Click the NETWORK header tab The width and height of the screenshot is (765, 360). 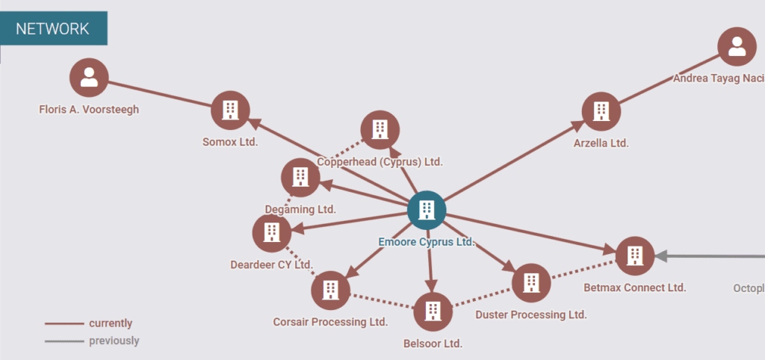[53, 29]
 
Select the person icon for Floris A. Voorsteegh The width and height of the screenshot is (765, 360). [89, 78]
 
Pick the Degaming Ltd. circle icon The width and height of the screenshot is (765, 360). [300, 178]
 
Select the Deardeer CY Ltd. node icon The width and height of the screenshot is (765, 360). [272, 233]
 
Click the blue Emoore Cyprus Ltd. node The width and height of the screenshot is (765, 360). [427, 210]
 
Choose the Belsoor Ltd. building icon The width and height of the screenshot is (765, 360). [433, 311]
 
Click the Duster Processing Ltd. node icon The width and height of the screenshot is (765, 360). [531, 282]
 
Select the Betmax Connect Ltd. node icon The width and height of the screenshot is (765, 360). [635, 256]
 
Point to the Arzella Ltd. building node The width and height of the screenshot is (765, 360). [601, 111]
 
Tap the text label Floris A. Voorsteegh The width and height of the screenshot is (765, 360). [89, 110]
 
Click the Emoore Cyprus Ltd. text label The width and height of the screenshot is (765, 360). [427, 242]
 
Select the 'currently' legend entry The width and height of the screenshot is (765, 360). [110, 323]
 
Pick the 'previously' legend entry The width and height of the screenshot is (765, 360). [114, 341]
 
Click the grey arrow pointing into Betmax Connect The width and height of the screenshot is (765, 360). [661, 256]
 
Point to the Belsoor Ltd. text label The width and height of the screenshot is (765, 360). [433, 344]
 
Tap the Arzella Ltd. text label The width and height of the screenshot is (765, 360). [601, 143]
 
